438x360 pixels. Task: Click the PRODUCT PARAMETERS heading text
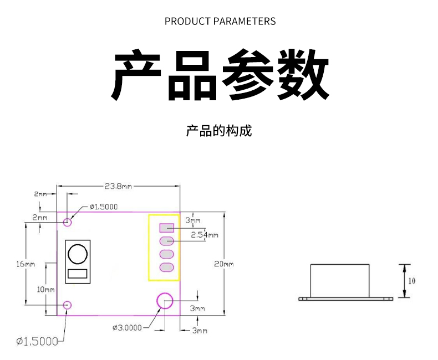220,22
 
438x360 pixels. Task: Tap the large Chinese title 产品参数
220,75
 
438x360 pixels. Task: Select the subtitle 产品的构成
219,131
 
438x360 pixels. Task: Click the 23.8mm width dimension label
118,186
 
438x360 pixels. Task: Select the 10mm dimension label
46,289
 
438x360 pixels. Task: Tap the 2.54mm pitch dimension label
204,235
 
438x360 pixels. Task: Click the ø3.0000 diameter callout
126,327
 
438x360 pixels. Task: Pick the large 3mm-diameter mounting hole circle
165,301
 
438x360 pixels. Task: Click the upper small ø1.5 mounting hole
68,222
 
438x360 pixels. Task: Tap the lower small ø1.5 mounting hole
68,305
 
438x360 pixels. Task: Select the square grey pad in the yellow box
167,227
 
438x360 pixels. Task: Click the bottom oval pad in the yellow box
167,268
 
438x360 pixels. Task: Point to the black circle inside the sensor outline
78,255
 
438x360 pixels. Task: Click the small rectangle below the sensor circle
78,273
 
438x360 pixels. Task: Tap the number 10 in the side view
411,281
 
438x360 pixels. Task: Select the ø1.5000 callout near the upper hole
104,207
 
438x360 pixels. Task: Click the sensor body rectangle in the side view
339,280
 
